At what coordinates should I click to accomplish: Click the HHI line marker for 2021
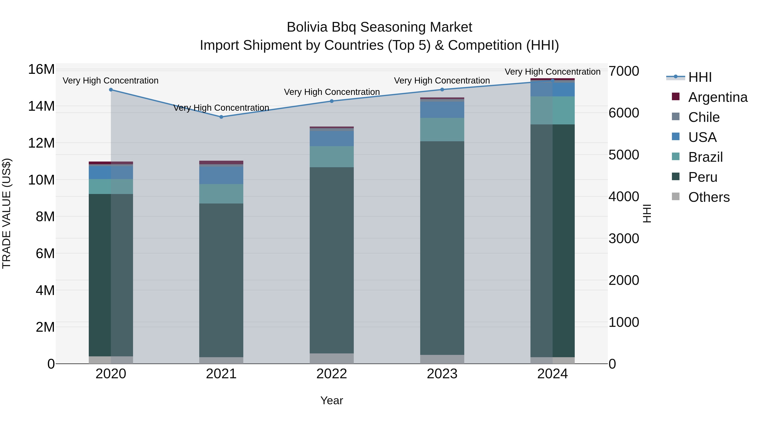point(221,117)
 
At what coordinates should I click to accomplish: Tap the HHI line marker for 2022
point(332,101)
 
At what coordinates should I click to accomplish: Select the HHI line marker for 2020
point(111,90)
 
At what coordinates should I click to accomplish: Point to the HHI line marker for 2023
point(442,90)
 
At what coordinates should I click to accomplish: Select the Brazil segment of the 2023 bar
point(442,130)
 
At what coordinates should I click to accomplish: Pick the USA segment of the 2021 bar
point(221,175)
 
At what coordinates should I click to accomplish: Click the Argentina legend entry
point(718,97)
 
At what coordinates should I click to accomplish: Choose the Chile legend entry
point(704,117)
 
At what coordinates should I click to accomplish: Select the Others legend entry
point(709,197)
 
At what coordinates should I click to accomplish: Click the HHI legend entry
point(700,77)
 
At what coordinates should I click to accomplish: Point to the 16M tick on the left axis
point(41,70)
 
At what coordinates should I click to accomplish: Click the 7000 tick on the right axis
point(624,71)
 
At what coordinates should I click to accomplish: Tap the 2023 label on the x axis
point(442,374)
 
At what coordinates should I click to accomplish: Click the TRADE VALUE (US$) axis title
point(7,213)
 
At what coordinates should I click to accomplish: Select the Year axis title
point(332,400)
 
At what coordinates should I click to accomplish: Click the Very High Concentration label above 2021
point(221,108)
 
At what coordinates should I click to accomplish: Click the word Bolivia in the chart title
point(307,27)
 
